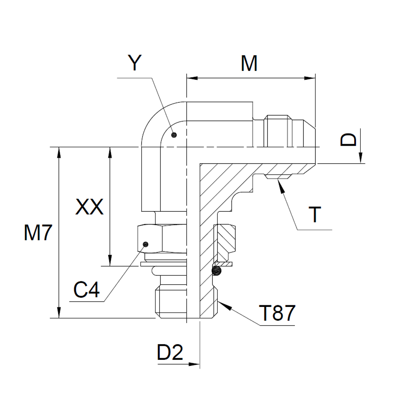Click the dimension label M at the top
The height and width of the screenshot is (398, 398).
pos(249,63)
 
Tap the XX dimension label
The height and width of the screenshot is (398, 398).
pos(90,207)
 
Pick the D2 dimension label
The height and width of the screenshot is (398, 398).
pos(170,352)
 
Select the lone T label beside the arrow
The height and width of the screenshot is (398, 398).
pos(315,215)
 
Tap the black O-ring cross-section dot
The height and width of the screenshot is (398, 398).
pos(217,271)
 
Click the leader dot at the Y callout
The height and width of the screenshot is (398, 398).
pos(173,135)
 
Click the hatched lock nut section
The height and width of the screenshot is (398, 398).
pos(225,239)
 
